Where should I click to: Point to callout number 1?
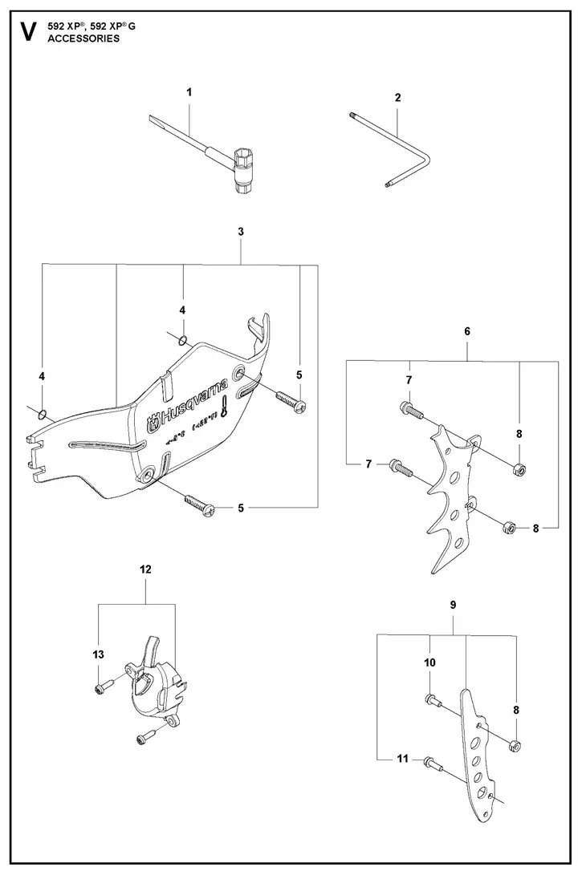click(x=189, y=92)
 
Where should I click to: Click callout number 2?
click(x=398, y=97)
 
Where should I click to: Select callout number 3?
click(x=241, y=231)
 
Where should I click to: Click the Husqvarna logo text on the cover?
click(x=193, y=400)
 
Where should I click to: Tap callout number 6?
click(x=467, y=330)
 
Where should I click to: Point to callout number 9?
click(x=453, y=605)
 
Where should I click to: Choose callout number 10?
click(x=429, y=662)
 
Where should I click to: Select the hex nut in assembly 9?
click(x=515, y=747)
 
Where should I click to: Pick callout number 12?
click(x=145, y=569)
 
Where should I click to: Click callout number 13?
click(x=98, y=655)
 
